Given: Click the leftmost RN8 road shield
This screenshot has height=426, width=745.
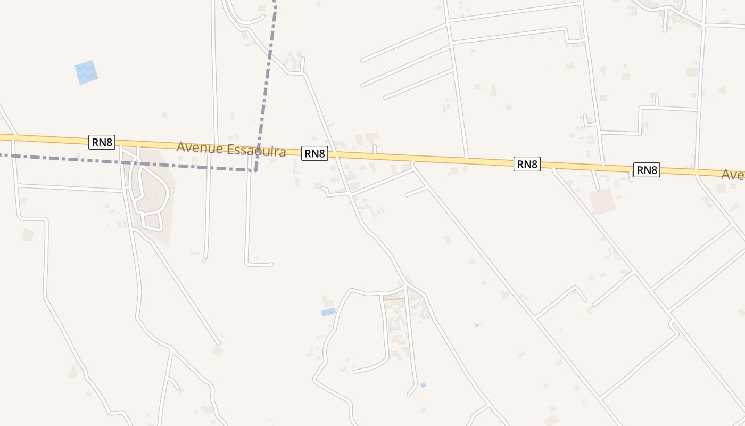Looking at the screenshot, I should [x=102, y=142].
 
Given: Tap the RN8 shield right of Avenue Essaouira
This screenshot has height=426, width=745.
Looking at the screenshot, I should [x=314, y=153].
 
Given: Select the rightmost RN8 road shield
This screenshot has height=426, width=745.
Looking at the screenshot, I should [x=647, y=170].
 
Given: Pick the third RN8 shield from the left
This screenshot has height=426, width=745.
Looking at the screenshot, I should [x=527, y=164].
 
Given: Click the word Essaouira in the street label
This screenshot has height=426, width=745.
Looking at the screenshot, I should [x=256, y=151].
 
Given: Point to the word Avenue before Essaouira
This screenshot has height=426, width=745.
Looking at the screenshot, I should [x=200, y=147].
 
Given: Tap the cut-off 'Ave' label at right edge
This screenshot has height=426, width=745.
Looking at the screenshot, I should [x=733, y=174].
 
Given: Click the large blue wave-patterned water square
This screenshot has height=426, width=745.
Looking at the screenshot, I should [x=86, y=72].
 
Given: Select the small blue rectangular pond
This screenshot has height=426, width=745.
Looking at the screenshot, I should [x=329, y=312].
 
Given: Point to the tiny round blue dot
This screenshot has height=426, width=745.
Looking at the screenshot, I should [x=476, y=325].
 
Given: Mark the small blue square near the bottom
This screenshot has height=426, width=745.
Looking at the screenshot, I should [x=423, y=385].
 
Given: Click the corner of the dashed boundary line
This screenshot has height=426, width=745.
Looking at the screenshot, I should [x=255, y=170].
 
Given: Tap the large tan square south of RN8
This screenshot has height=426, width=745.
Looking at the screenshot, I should [x=602, y=202].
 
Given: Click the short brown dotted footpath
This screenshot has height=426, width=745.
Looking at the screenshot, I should [x=394, y=299].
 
